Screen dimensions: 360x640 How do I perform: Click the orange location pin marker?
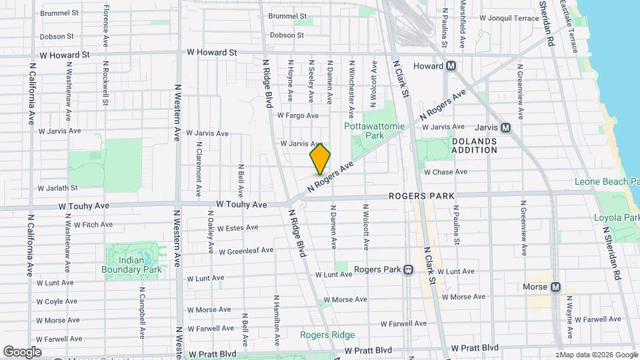coord(320,159)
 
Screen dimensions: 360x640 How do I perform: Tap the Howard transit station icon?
coord(451,66)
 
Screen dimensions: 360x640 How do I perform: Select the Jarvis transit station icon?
coord(505,127)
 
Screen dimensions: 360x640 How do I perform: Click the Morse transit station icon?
coord(554,287)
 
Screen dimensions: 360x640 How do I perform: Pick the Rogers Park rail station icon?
coord(408,270)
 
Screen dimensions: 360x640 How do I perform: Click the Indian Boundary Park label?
coord(131,265)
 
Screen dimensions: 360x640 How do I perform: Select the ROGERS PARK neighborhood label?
coord(421,197)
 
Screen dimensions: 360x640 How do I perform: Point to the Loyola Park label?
coord(616,218)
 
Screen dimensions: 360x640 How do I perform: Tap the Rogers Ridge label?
coord(327,335)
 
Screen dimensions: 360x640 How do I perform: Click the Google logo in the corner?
coord(21,351)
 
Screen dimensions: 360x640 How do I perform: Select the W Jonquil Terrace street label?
coord(509,18)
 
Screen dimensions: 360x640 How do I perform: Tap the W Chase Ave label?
coord(446,172)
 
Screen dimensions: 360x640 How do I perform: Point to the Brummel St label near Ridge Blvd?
coord(287,16)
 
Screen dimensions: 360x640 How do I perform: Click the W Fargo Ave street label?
coord(298,115)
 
